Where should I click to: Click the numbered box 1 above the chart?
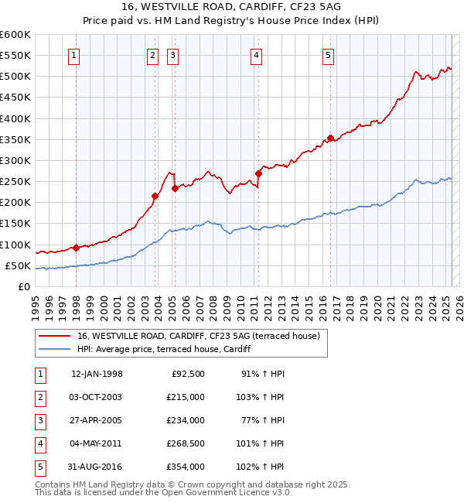click(x=73, y=55)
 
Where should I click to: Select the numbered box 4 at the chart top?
click(x=255, y=55)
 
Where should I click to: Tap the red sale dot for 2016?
click(x=330, y=139)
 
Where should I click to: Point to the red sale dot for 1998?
click(x=76, y=248)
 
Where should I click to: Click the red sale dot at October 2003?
click(x=155, y=196)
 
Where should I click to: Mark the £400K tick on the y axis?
click(x=15, y=118)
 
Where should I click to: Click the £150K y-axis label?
click(x=15, y=224)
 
